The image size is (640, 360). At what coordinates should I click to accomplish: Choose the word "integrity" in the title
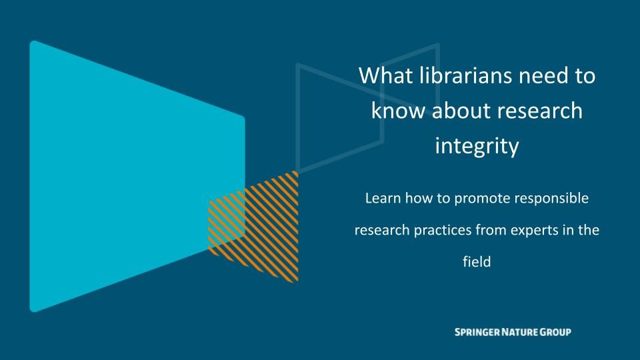point(477,146)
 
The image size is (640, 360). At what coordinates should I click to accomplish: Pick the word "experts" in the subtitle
point(532,231)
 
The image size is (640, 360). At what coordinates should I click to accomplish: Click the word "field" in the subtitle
point(477,262)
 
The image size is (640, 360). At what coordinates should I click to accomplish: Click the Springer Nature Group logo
point(512,332)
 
